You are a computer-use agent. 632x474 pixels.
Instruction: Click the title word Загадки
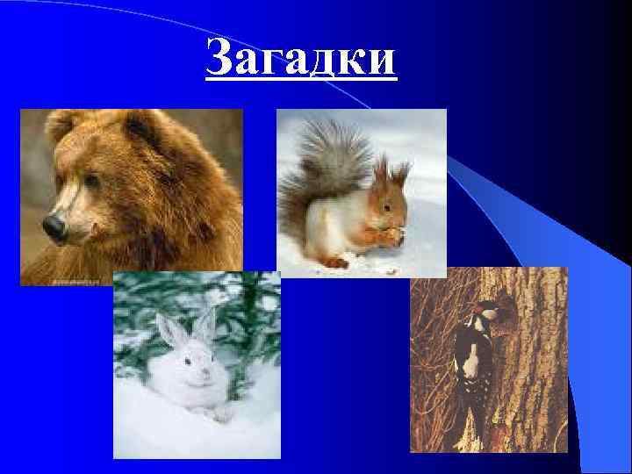[301, 60]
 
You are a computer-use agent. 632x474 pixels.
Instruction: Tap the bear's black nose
[54, 228]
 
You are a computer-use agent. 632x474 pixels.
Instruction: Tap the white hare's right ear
[205, 325]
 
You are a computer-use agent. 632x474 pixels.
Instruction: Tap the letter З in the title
[220, 60]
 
